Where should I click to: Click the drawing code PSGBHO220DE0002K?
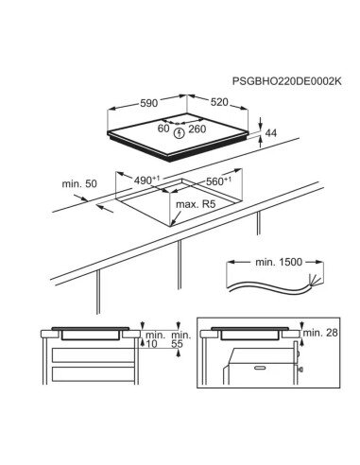(x=286, y=81)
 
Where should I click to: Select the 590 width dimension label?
(x=148, y=103)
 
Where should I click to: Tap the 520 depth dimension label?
(x=219, y=102)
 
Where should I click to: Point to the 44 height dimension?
(x=271, y=133)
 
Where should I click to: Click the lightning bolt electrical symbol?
(x=180, y=133)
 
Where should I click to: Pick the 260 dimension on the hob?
(x=197, y=129)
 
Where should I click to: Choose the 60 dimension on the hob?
(x=163, y=129)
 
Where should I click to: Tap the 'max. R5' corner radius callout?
(x=196, y=204)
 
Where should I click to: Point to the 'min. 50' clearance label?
(x=79, y=183)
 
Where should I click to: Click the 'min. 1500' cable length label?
(x=279, y=262)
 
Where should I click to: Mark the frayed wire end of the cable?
(x=316, y=280)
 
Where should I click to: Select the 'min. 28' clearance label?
(x=320, y=333)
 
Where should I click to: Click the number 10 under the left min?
(x=151, y=344)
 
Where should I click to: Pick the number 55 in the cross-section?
(x=177, y=344)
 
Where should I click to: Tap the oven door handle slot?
(x=261, y=368)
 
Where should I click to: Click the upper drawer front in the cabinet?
(x=94, y=355)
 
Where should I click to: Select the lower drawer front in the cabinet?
(x=94, y=374)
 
